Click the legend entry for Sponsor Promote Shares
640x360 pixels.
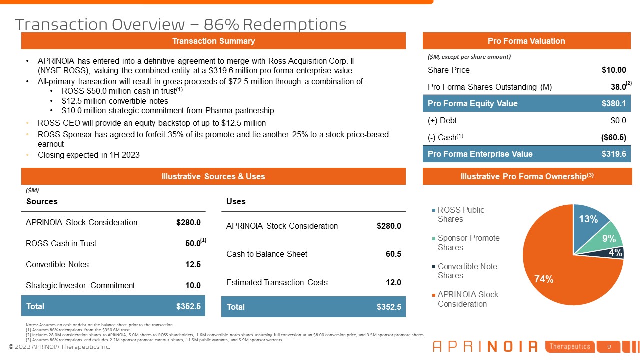point(468,243)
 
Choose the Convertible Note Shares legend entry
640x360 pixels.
point(467,271)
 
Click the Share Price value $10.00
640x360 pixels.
point(614,70)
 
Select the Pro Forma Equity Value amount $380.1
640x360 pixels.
point(614,104)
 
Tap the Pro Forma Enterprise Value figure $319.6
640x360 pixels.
point(614,154)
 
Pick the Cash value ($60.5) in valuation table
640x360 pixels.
point(613,137)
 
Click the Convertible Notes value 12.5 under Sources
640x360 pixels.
point(193,265)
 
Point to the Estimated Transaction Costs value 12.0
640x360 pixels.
point(393,283)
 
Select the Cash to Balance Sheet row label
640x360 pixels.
point(267,254)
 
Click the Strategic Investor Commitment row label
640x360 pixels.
point(80,286)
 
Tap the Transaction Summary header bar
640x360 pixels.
point(213,41)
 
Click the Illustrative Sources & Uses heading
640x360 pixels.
point(213,176)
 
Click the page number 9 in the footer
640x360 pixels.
point(609,346)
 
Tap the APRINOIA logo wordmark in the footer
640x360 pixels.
point(485,346)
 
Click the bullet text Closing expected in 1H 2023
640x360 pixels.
point(89,155)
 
